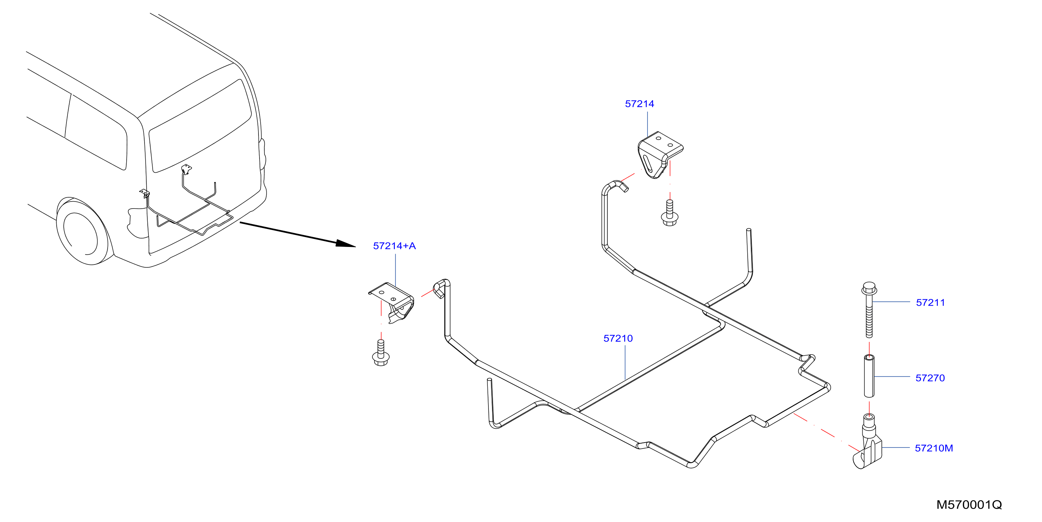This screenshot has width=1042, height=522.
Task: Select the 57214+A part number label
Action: point(394,246)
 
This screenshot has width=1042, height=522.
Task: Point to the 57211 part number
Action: point(931,303)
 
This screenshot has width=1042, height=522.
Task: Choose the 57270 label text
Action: point(930,378)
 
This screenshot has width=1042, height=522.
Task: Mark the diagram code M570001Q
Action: point(969,505)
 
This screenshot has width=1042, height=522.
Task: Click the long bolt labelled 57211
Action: point(869,310)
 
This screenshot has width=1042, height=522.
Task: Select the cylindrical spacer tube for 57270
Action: point(869,376)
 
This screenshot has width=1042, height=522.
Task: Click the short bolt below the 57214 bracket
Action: point(670,213)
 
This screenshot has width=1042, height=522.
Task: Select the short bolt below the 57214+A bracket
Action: point(381,353)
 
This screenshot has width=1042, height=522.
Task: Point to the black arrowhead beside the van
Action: point(345,243)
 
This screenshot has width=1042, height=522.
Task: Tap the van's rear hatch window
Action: point(200,126)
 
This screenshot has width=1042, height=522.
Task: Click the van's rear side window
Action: point(96,132)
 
